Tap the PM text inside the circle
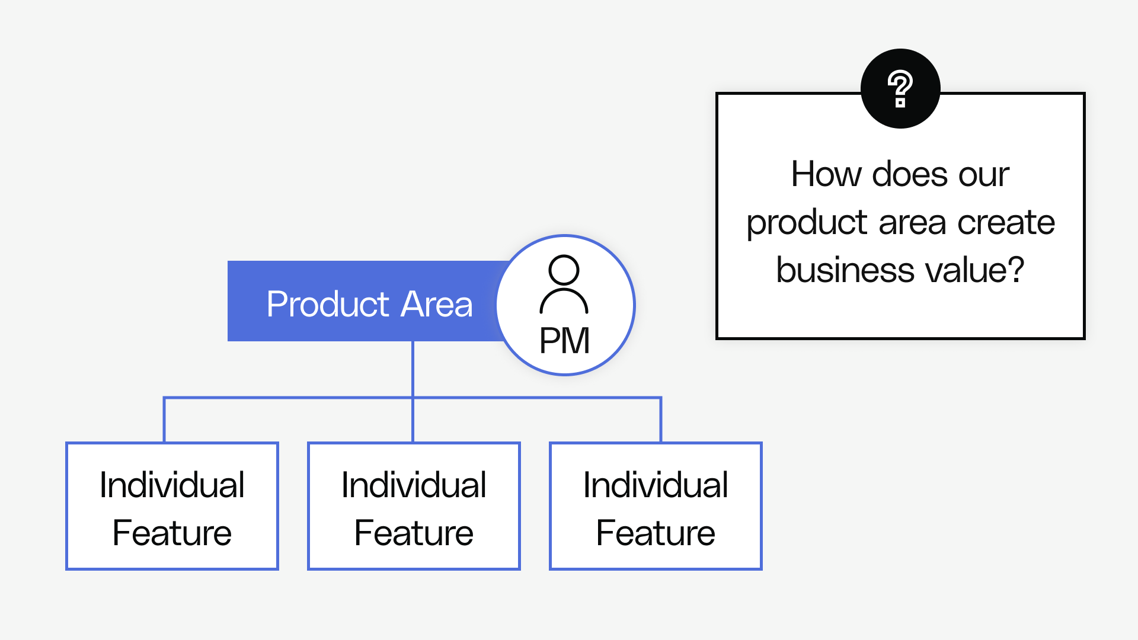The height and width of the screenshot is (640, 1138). [x=564, y=341]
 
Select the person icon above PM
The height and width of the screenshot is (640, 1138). [x=564, y=284]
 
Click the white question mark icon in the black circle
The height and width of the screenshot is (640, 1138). [x=900, y=89]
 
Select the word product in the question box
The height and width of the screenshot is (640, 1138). [x=807, y=223]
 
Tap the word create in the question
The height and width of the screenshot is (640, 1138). [x=1006, y=223]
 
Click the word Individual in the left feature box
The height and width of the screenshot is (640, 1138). [x=172, y=485]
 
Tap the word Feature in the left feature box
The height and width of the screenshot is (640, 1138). [x=172, y=533]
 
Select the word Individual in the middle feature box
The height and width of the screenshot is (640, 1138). [x=414, y=485]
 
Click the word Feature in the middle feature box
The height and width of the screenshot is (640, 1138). [x=414, y=533]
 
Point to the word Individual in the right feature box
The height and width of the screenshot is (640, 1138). [x=656, y=485]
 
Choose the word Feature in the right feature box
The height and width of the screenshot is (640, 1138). [x=656, y=533]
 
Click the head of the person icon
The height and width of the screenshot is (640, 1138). [x=564, y=270]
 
